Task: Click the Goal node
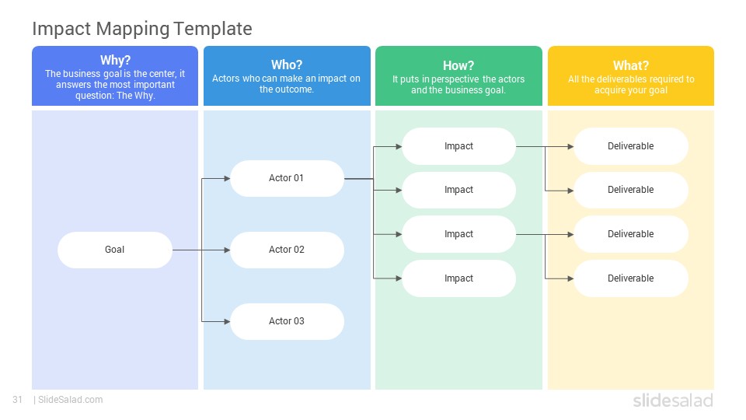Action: (x=115, y=250)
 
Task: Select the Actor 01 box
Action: (x=287, y=179)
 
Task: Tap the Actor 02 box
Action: (x=287, y=250)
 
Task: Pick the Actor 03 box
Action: (x=287, y=321)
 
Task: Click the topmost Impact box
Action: (x=458, y=146)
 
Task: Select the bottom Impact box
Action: (x=458, y=278)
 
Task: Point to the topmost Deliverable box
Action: (x=631, y=146)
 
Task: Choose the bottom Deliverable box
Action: (x=631, y=278)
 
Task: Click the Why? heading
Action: (x=115, y=61)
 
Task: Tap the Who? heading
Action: (x=287, y=65)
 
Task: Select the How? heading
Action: (x=458, y=65)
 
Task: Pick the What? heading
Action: (x=631, y=65)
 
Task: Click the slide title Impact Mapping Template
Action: (x=142, y=29)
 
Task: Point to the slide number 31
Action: (x=18, y=400)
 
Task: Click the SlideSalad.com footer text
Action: (x=71, y=400)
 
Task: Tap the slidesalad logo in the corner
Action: (x=673, y=401)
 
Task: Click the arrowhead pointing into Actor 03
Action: (x=227, y=321)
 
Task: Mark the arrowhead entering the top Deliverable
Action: (x=570, y=147)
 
